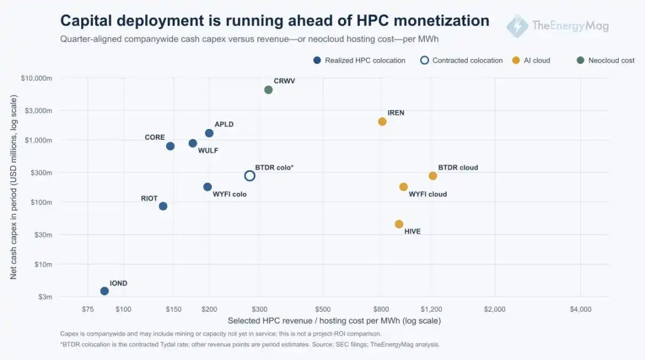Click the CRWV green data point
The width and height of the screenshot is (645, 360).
(x=268, y=90)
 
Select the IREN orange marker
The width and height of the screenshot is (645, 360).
(x=382, y=121)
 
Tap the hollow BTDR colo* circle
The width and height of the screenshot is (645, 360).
(x=250, y=176)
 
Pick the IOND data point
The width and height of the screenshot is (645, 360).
(x=105, y=291)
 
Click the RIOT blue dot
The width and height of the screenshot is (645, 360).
(x=163, y=206)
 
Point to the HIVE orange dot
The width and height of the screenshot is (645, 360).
(x=398, y=224)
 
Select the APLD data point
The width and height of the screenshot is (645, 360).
(x=209, y=133)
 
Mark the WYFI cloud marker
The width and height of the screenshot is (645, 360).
(x=403, y=187)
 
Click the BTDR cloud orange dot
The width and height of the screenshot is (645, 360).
(x=433, y=176)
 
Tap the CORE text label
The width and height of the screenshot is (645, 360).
(x=155, y=137)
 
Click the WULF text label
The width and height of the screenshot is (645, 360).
(x=208, y=150)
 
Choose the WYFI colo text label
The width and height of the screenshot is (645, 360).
(x=229, y=194)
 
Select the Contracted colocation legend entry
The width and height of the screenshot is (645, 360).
(x=461, y=60)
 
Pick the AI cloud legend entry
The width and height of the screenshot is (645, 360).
(x=531, y=60)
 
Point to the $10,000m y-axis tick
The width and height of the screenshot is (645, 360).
(x=36, y=78)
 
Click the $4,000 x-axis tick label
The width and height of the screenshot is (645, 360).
(x=580, y=309)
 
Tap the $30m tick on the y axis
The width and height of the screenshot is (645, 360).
(x=43, y=235)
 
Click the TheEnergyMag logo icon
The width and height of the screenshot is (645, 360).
(x=517, y=26)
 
